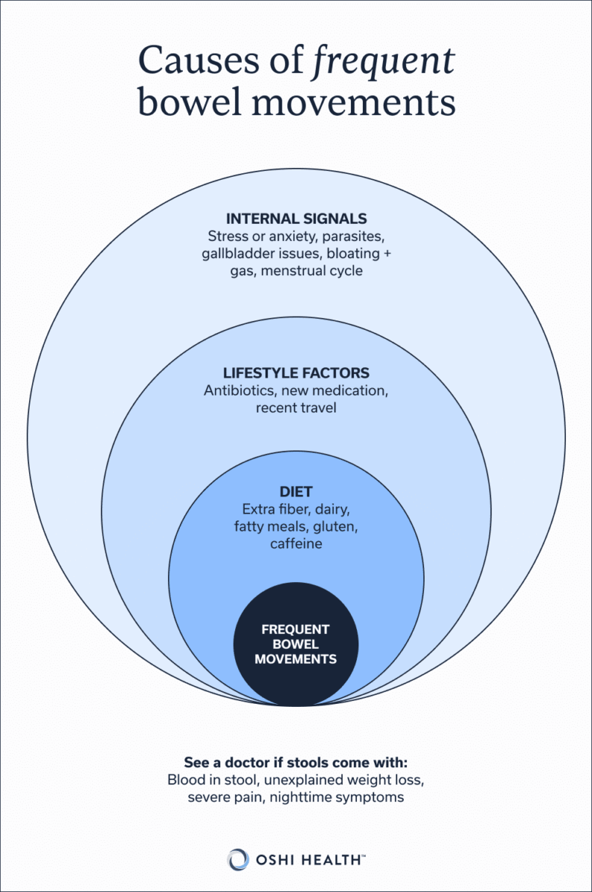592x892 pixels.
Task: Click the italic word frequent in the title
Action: tap(385, 60)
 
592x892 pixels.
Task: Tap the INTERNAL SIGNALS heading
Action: tap(296, 219)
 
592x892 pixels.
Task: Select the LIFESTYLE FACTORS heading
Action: tap(296, 372)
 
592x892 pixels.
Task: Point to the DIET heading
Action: tap(296, 492)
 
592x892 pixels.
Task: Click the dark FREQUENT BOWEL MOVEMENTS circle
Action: tap(296, 644)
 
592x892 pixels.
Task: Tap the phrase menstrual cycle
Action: tap(315, 271)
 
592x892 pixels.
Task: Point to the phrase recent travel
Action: tap(296, 407)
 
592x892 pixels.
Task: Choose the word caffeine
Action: tap(296, 544)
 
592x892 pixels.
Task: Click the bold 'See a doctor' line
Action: tap(296, 763)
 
